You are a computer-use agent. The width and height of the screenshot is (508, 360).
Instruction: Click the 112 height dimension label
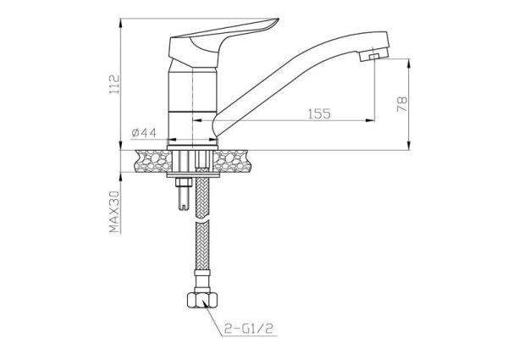tap(114, 85)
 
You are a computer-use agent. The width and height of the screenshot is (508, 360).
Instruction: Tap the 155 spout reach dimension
tap(319, 114)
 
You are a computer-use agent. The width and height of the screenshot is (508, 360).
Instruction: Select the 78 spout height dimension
tap(402, 104)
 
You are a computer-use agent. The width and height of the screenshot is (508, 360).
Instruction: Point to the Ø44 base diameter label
tap(144, 133)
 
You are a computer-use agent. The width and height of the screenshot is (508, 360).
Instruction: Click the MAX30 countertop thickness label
tap(114, 212)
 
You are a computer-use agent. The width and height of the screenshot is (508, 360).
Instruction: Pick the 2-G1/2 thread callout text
tap(249, 329)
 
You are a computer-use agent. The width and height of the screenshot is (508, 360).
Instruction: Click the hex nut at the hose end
tap(202, 300)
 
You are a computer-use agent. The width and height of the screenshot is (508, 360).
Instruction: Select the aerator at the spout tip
tap(373, 57)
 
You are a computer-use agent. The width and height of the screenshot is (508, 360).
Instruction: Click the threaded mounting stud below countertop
tap(184, 194)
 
